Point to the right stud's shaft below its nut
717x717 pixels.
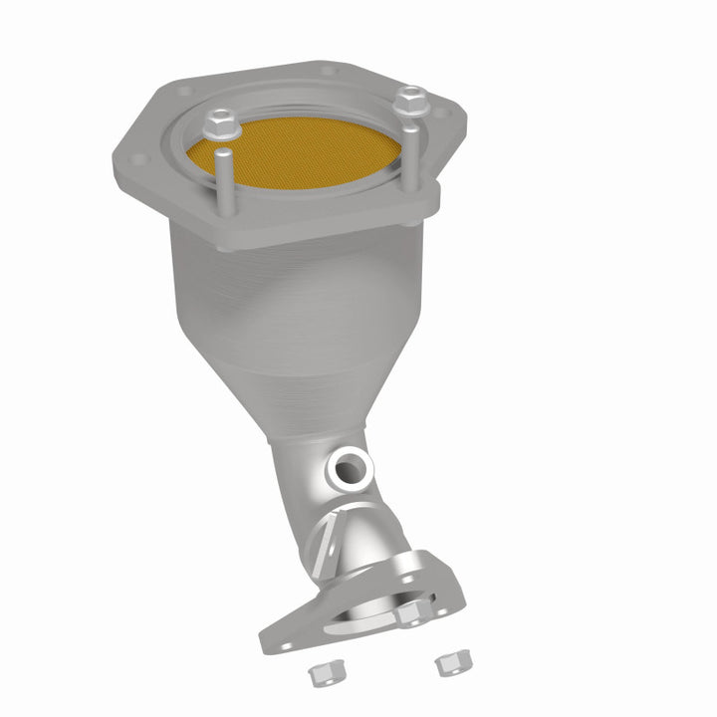[x=410, y=149]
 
